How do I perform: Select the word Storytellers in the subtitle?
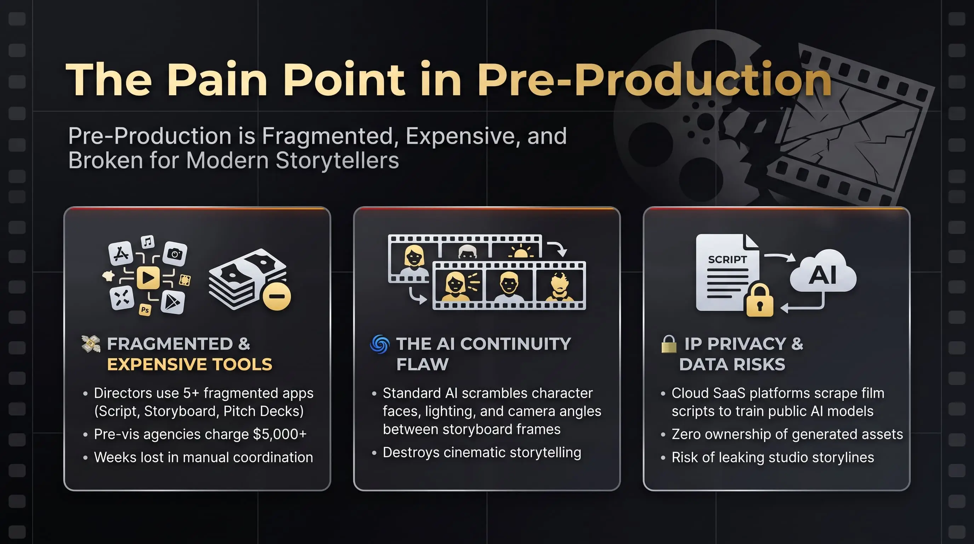click(x=337, y=160)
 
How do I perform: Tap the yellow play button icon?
click(x=148, y=278)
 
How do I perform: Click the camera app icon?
click(x=175, y=254)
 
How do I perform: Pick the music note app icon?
click(x=148, y=241)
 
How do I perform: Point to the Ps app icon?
click(x=145, y=310)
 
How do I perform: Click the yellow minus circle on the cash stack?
click(x=277, y=296)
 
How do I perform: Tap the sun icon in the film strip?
click(x=521, y=251)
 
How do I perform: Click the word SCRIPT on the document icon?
click(x=727, y=260)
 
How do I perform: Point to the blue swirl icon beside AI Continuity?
click(x=380, y=344)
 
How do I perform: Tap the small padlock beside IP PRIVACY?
click(x=669, y=344)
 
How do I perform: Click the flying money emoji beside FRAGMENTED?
click(x=91, y=344)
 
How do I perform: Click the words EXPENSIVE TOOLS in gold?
click(x=189, y=364)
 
